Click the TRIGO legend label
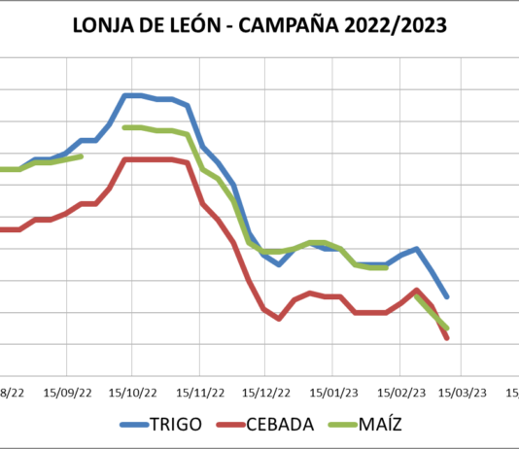177,424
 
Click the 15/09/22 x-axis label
67,392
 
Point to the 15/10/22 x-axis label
133,392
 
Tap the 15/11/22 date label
199,392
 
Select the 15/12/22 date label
265,392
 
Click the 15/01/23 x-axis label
332,392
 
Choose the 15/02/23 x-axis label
398,392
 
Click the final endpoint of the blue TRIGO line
447,297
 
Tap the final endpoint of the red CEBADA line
447,338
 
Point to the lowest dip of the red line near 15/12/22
279,319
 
